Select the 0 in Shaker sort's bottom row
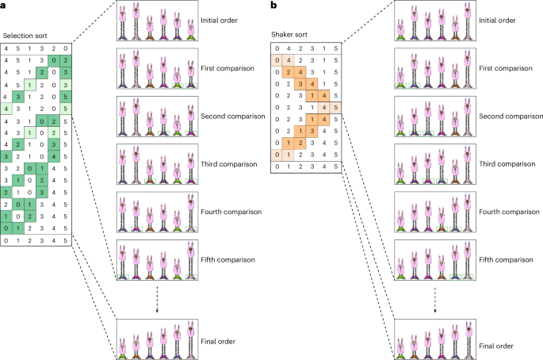tap(277, 167)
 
